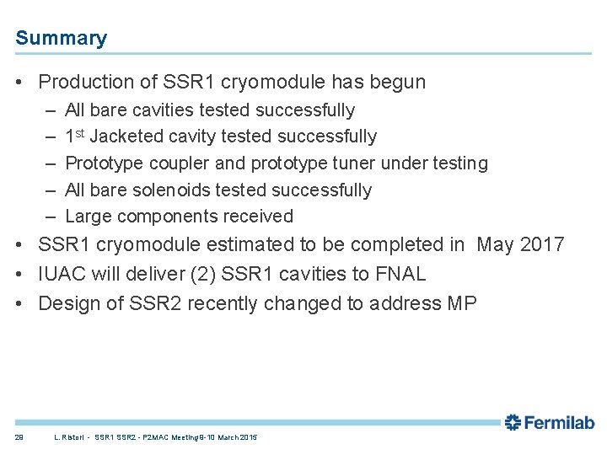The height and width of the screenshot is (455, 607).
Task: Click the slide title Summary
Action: pos(61,38)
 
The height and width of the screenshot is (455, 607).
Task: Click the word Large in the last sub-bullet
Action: pos(88,217)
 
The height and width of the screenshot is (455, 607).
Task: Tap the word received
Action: pos(257,217)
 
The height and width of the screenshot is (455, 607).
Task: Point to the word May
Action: pos(494,245)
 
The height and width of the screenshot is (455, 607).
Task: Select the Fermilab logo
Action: pos(550,422)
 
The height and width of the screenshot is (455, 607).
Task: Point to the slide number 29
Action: pos(19,437)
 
